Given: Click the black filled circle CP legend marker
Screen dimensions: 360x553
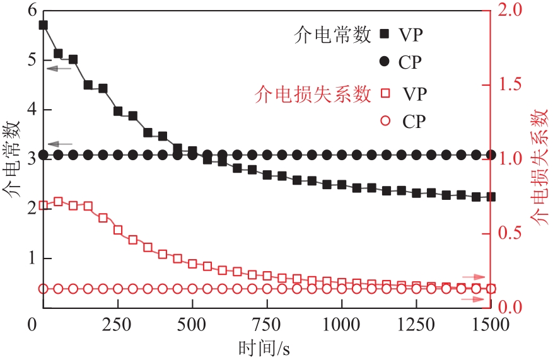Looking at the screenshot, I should coord(384,62).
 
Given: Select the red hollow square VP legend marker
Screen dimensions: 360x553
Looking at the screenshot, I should coord(384,95).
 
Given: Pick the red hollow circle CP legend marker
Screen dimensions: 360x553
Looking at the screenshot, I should coord(384,121).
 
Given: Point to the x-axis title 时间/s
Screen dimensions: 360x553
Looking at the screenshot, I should coord(264,347).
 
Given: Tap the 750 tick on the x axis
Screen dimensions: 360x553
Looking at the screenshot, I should coord(266,323).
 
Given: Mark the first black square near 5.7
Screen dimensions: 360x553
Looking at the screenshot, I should coord(43,25).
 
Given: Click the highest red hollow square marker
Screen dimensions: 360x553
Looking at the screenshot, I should coord(58,202).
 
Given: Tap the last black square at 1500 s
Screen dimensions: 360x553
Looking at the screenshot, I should coord(491,197).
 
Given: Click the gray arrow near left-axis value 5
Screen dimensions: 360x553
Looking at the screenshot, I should coord(59,67).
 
